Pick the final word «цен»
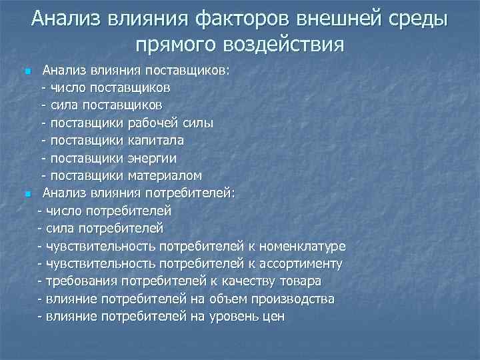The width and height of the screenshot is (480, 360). (272, 317)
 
